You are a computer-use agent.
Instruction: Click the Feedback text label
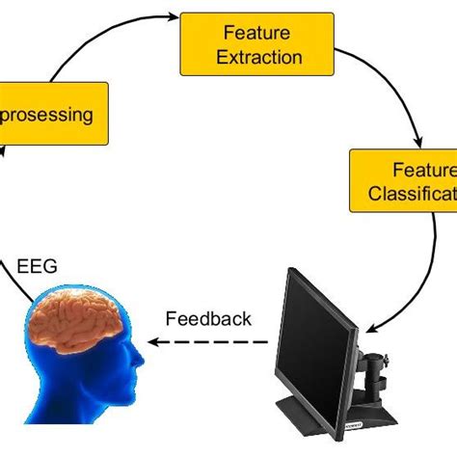(x=208, y=317)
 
